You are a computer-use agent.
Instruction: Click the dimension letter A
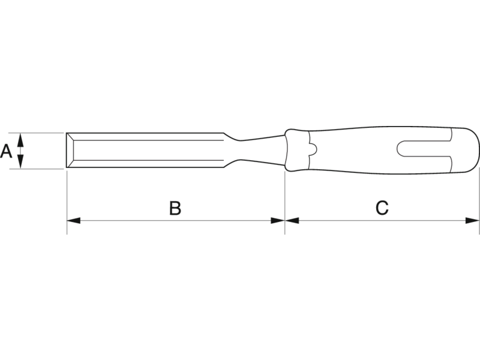6,151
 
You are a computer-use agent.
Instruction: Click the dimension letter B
175,208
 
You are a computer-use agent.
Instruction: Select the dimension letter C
382,208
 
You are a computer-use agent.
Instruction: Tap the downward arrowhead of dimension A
20,161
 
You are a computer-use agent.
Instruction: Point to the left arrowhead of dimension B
73,220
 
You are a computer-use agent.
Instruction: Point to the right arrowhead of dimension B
278,220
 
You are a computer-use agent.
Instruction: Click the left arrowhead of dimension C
292,220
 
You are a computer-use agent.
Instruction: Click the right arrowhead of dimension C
472,220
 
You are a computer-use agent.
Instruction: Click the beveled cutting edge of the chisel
70,151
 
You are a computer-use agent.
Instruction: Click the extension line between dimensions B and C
285,203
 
